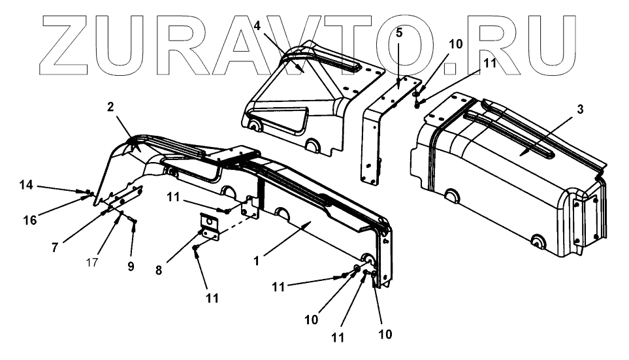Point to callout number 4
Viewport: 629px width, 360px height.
click(x=258, y=25)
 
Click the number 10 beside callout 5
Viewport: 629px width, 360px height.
click(x=455, y=44)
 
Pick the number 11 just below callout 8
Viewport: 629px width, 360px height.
click(x=211, y=299)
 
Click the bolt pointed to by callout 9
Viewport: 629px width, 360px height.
click(x=134, y=224)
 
